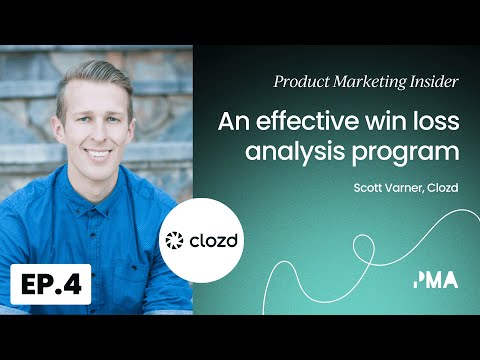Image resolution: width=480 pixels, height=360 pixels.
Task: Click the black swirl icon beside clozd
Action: [x=175, y=241]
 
